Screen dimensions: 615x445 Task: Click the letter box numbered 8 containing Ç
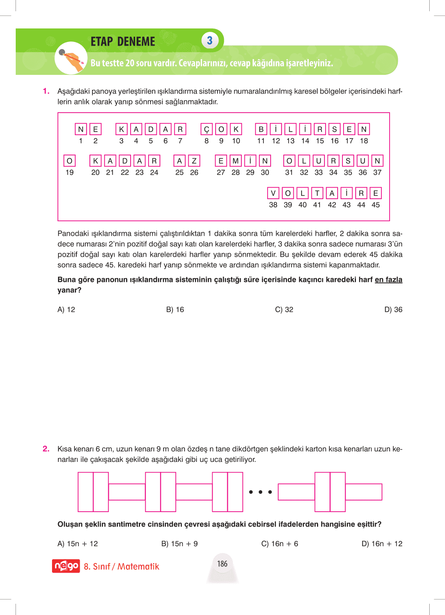click(x=207, y=130)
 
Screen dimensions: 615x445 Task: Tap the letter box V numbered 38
click(x=273, y=193)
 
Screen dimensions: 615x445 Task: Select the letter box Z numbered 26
click(x=194, y=161)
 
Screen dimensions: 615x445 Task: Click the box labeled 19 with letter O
click(x=70, y=161)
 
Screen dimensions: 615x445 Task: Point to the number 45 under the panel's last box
click(x=376, y=205)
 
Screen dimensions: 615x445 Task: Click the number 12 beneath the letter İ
click(x=276, y=141)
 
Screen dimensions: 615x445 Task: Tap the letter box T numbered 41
click(x=317, y=193)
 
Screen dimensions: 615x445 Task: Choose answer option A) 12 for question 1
click(x=66, y=310)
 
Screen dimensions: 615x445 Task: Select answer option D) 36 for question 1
click(x=393, y=310)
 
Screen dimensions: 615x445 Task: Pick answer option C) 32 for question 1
click(x=284, y=310)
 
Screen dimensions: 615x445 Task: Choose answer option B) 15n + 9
click(x=180, y=544)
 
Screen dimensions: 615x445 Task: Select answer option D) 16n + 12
click(x=382, y=544)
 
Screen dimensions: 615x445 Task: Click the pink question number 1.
click(x=46, y=91)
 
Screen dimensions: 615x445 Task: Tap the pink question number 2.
click(x=46, y=449)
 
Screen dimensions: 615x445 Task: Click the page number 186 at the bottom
click(x=222, y=564)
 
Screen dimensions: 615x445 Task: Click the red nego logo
click(x=66, y=566)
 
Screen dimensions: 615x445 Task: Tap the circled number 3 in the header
click(x=210, y=41)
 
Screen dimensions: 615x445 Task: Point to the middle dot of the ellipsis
click(x=260, y=492)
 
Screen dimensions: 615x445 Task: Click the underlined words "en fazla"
click(x=388, y=280)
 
